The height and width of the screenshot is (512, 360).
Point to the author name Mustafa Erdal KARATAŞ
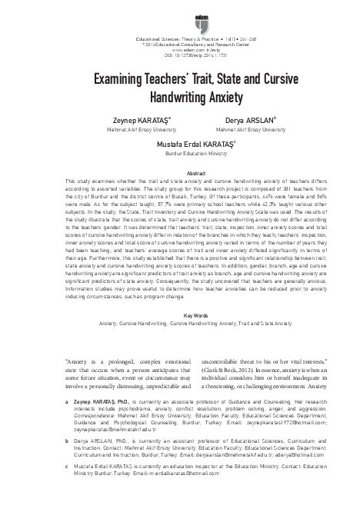pyautogui.click(x=179, y=144)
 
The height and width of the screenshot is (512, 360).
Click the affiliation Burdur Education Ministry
pyautogui.click(x=180, y=152)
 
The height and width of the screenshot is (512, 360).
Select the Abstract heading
pyautogui.click(x=180, y=175)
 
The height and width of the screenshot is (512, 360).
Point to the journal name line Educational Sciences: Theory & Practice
pyautogui.click(x=180, y=38)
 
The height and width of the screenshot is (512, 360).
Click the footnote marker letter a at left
pyautogui.click(x=68, y=401)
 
